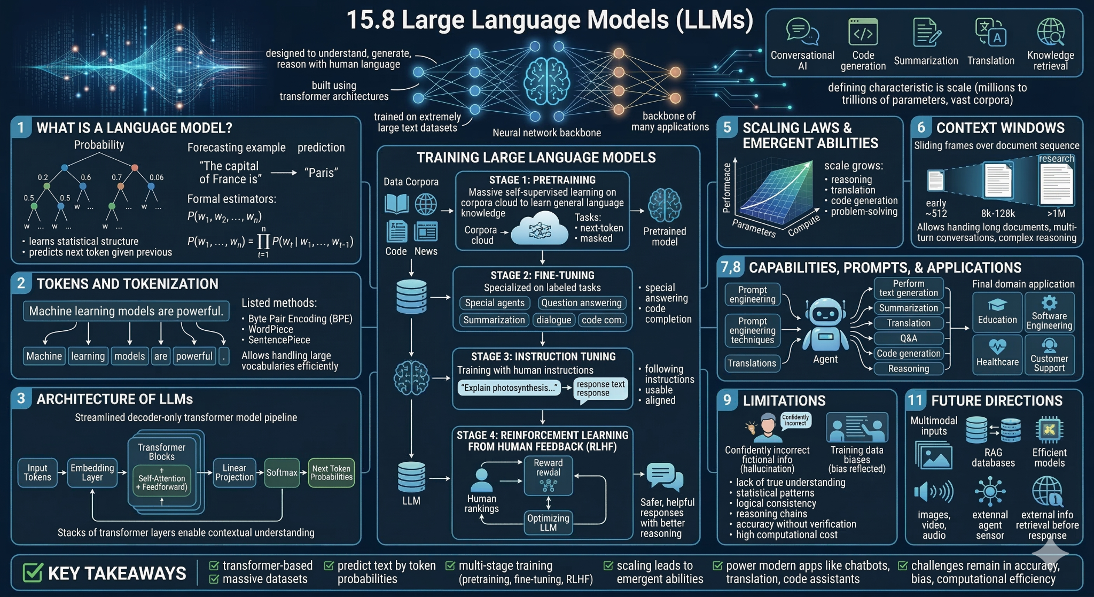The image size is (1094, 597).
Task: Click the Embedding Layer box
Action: tap(92, 472)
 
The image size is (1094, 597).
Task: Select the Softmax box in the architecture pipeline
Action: tap(282, 472)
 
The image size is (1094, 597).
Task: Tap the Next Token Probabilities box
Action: tap(331, 472)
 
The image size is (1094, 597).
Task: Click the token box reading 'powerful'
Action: tap(194, 356)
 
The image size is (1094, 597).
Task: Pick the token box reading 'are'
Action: tap(160, 356)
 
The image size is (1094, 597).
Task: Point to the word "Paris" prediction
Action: tap(321, 173)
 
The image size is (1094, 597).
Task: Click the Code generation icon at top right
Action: tap(863, 32)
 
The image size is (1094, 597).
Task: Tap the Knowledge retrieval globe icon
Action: tap(1051, 32)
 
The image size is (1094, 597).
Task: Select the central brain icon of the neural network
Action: tap(546, 82)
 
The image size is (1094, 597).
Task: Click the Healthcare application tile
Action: tap(997, 354)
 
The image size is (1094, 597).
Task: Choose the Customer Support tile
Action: tap(1049, 354)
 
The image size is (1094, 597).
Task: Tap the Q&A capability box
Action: tap(909, 338)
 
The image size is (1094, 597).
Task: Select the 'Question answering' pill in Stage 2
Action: tap(581, 303)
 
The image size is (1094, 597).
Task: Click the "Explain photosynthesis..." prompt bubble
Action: tap(510, 387)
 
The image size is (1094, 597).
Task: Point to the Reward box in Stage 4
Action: tap(548, 475)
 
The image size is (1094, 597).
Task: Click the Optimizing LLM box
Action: tap(548, 522)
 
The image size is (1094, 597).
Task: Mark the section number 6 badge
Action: tap(921, 127)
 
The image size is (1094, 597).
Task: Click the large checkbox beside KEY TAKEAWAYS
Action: tap(33, 572)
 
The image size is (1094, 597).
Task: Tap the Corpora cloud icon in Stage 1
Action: tap(540, 229)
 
